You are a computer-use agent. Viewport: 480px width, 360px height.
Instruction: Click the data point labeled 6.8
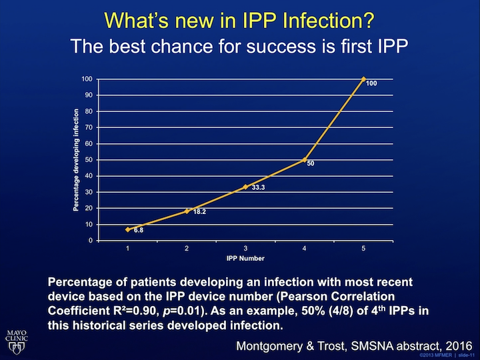point(128,229)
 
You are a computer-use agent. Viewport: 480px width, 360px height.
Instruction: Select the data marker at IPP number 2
point(187,211)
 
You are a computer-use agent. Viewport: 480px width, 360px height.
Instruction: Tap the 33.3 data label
point(259,189)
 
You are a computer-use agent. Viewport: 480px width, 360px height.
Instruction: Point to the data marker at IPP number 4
point(305,160)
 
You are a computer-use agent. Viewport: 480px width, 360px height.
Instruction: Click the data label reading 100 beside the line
point(372,83)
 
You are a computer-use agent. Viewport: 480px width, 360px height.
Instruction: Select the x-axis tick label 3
point(245,248)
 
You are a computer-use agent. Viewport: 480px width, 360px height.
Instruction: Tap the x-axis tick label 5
point(363,248)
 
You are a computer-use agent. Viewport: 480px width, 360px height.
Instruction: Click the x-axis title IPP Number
point(245,257)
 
